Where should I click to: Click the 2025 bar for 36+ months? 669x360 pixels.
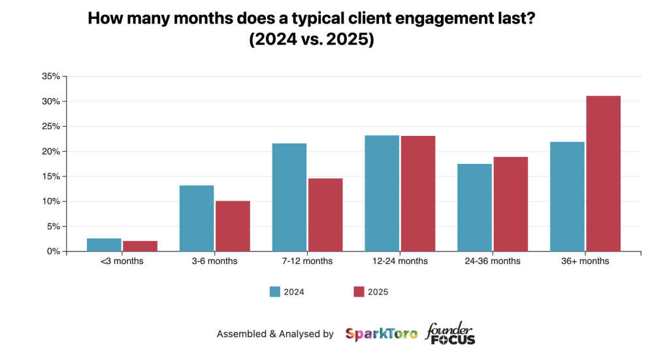tap(603, 174)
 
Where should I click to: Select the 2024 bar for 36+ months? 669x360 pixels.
tap(567, 197)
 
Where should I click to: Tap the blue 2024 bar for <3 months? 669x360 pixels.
tap(104, 245)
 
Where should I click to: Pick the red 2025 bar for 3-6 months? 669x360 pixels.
tap(233, 226)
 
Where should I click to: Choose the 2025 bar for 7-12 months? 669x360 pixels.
tap(325, 215)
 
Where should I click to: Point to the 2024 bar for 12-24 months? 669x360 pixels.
tap(382, 193)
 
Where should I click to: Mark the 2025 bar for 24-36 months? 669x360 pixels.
tap(510, 204)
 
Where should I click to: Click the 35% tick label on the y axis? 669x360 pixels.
tap(51, 76)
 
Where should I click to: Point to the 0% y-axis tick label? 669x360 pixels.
tap(54, 252)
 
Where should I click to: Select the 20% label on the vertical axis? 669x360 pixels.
tap(51, 152)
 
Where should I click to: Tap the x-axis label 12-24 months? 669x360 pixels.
tap(400, 261)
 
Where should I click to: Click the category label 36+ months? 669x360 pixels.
tap(585, 261)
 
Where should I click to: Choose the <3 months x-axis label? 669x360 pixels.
tap(122, 261)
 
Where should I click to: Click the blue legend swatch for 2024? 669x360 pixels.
tap(275, 292)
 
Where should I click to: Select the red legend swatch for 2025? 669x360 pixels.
tap(359, 292)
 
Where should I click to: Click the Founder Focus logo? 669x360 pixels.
tap(451, 333)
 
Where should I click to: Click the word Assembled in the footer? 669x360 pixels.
tap(241, 334)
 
